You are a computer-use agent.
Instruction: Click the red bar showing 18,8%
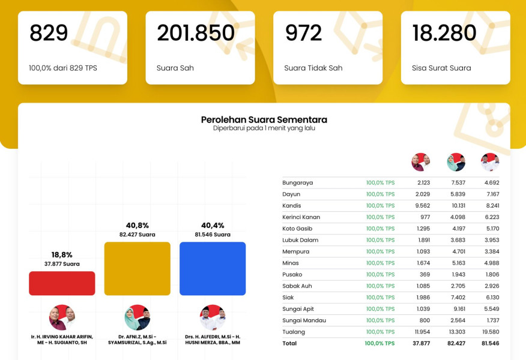(62, 283)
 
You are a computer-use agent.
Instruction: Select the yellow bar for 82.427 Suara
(137, 268)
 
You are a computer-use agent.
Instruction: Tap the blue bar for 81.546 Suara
(213, 268)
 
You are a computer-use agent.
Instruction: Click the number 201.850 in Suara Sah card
(196, 33)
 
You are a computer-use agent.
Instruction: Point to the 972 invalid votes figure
(304, 33)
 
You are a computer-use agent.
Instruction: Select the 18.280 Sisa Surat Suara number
(444, 33)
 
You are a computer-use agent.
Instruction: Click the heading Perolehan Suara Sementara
(264, 119)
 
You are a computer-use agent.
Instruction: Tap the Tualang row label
(294, 332)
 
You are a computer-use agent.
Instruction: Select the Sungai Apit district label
(298, 309)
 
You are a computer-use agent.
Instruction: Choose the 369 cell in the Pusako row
(425, 274)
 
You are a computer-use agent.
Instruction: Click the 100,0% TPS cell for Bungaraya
(380, 182)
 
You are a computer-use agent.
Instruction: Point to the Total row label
(289, 343)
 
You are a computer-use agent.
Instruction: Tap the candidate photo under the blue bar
(213, 318)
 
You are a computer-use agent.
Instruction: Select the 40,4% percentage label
(213, 226)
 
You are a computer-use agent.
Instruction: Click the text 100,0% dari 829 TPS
(63, 68)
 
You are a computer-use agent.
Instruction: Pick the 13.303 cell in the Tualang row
(456, 332)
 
